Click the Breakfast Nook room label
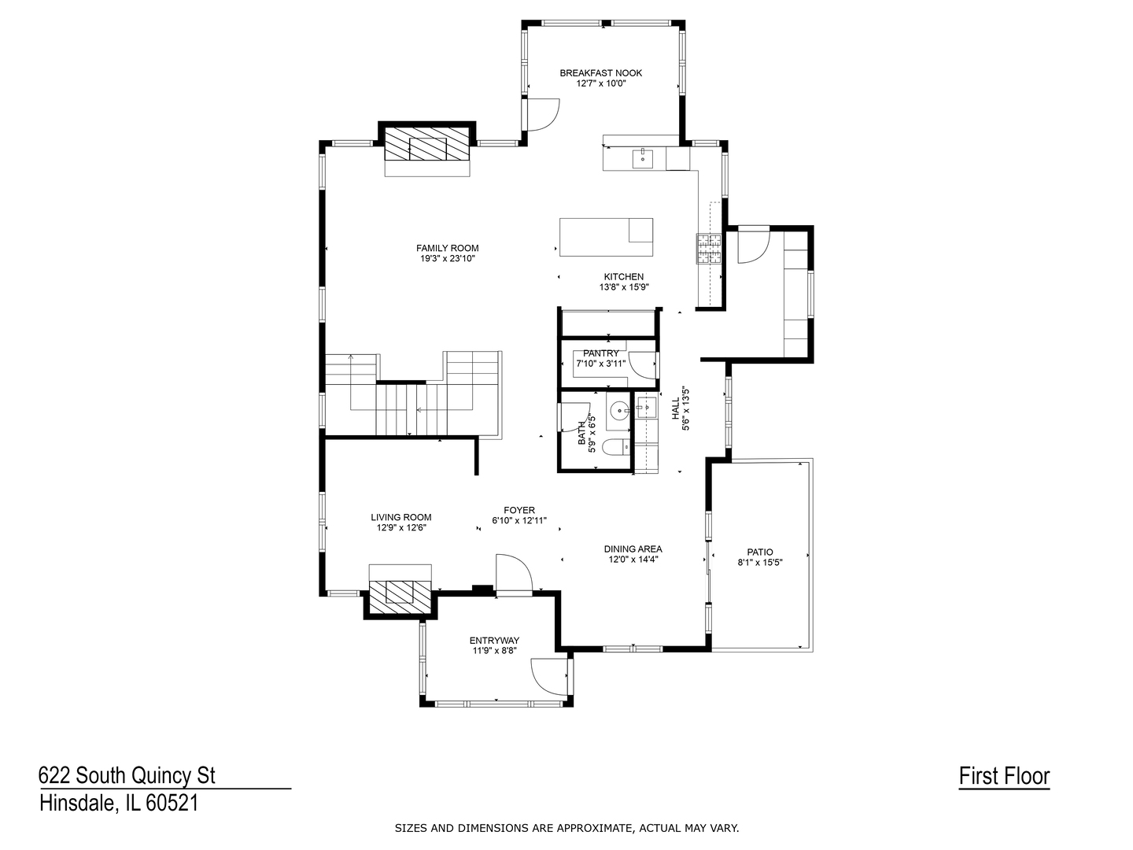(x=601, y=73)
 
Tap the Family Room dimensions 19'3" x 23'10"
(x=448, y=259)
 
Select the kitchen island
(x=606, y=237)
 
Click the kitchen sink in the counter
(x=643, y=157)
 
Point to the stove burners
(x=709, y=249)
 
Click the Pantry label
(x=601, y=353)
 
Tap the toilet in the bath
(x=618, y=446)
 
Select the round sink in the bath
(x=619, y=412)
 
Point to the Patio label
(x=760, y=552)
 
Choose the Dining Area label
(x=633, y=549)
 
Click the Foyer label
(x=519, y=511)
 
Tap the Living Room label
(x=401, y=517)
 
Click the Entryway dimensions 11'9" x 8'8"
(x=494, y=651)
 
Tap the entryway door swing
(x=550, y=677)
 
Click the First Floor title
(x=1004, y=777)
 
